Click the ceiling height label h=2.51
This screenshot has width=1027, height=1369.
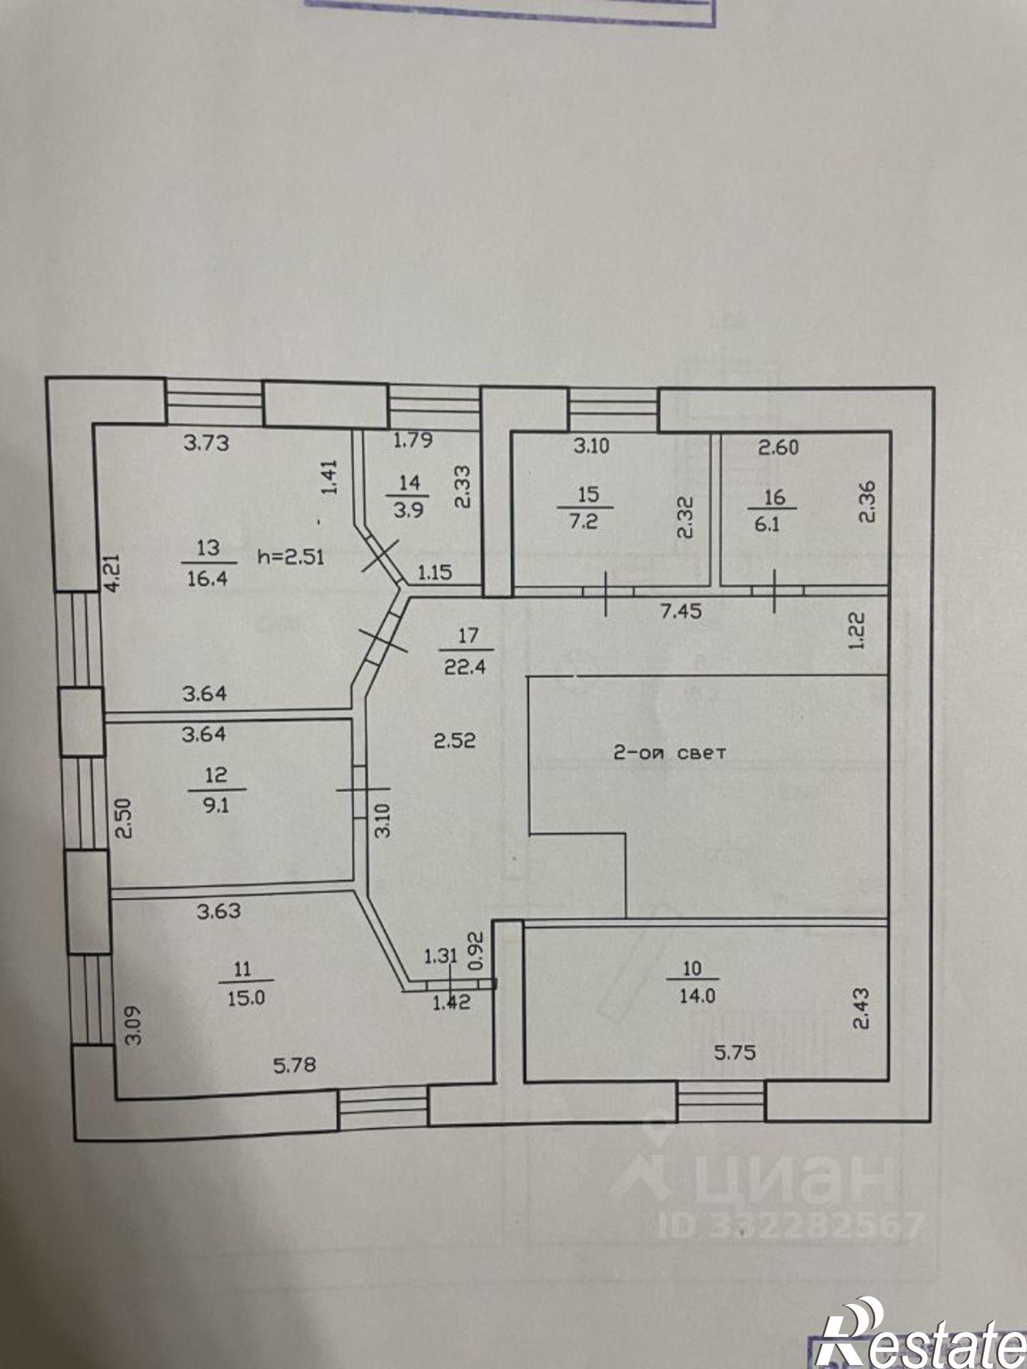[290, 556]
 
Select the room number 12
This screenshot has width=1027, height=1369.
[216, 775]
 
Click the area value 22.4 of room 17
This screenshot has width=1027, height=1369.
[465, 665]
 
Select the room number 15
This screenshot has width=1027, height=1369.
[588, 494]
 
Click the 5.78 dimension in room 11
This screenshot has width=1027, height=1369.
[294, 1065]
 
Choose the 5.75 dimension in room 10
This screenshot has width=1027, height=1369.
[735, 1051]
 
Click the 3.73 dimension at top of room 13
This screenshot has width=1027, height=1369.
[207, 443]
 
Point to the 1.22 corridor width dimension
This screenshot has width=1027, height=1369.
[857, 630]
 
